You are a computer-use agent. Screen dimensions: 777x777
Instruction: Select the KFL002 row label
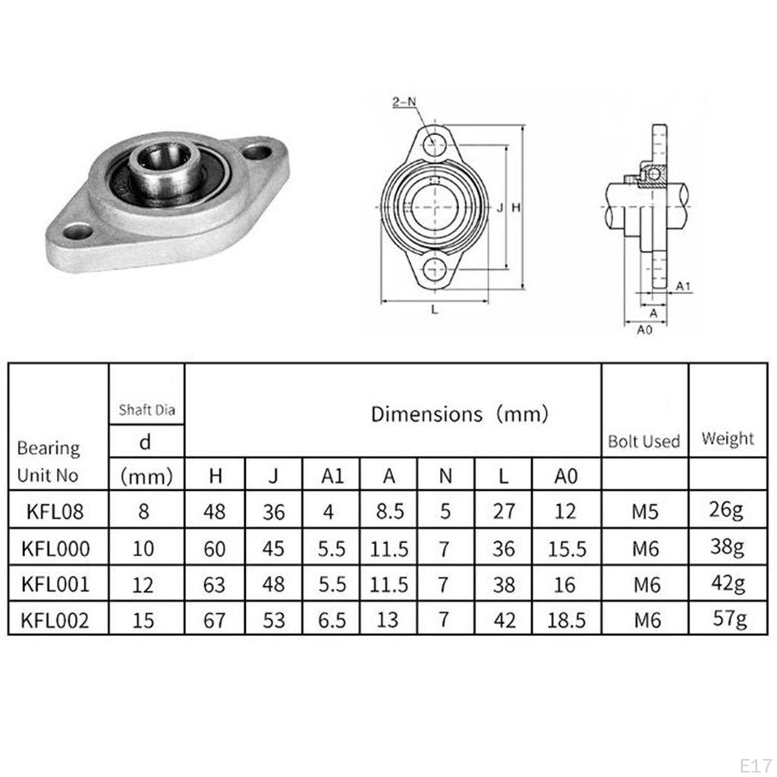coord(55,620)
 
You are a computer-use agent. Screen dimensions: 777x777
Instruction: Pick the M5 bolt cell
coord(645,511)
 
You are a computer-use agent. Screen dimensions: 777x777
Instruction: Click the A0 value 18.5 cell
coord(566,620)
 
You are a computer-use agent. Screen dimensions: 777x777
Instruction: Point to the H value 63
coord(215,584)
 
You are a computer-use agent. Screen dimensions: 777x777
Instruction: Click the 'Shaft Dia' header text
coord(146,411)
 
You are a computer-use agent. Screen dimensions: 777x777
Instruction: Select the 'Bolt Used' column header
coord(644,441)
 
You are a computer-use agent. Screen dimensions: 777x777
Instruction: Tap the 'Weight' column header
coord(728,438)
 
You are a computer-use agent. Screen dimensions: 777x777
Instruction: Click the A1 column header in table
coord(332,476)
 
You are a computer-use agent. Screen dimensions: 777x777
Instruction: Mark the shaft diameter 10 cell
coord(143,548)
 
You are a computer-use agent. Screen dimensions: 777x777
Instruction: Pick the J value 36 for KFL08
coord(273,511)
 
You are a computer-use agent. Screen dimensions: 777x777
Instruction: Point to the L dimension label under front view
coord(433,309)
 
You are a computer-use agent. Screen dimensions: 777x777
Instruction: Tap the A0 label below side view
coord(643,329)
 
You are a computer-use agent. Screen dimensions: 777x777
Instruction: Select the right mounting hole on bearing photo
coord(256,152)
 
